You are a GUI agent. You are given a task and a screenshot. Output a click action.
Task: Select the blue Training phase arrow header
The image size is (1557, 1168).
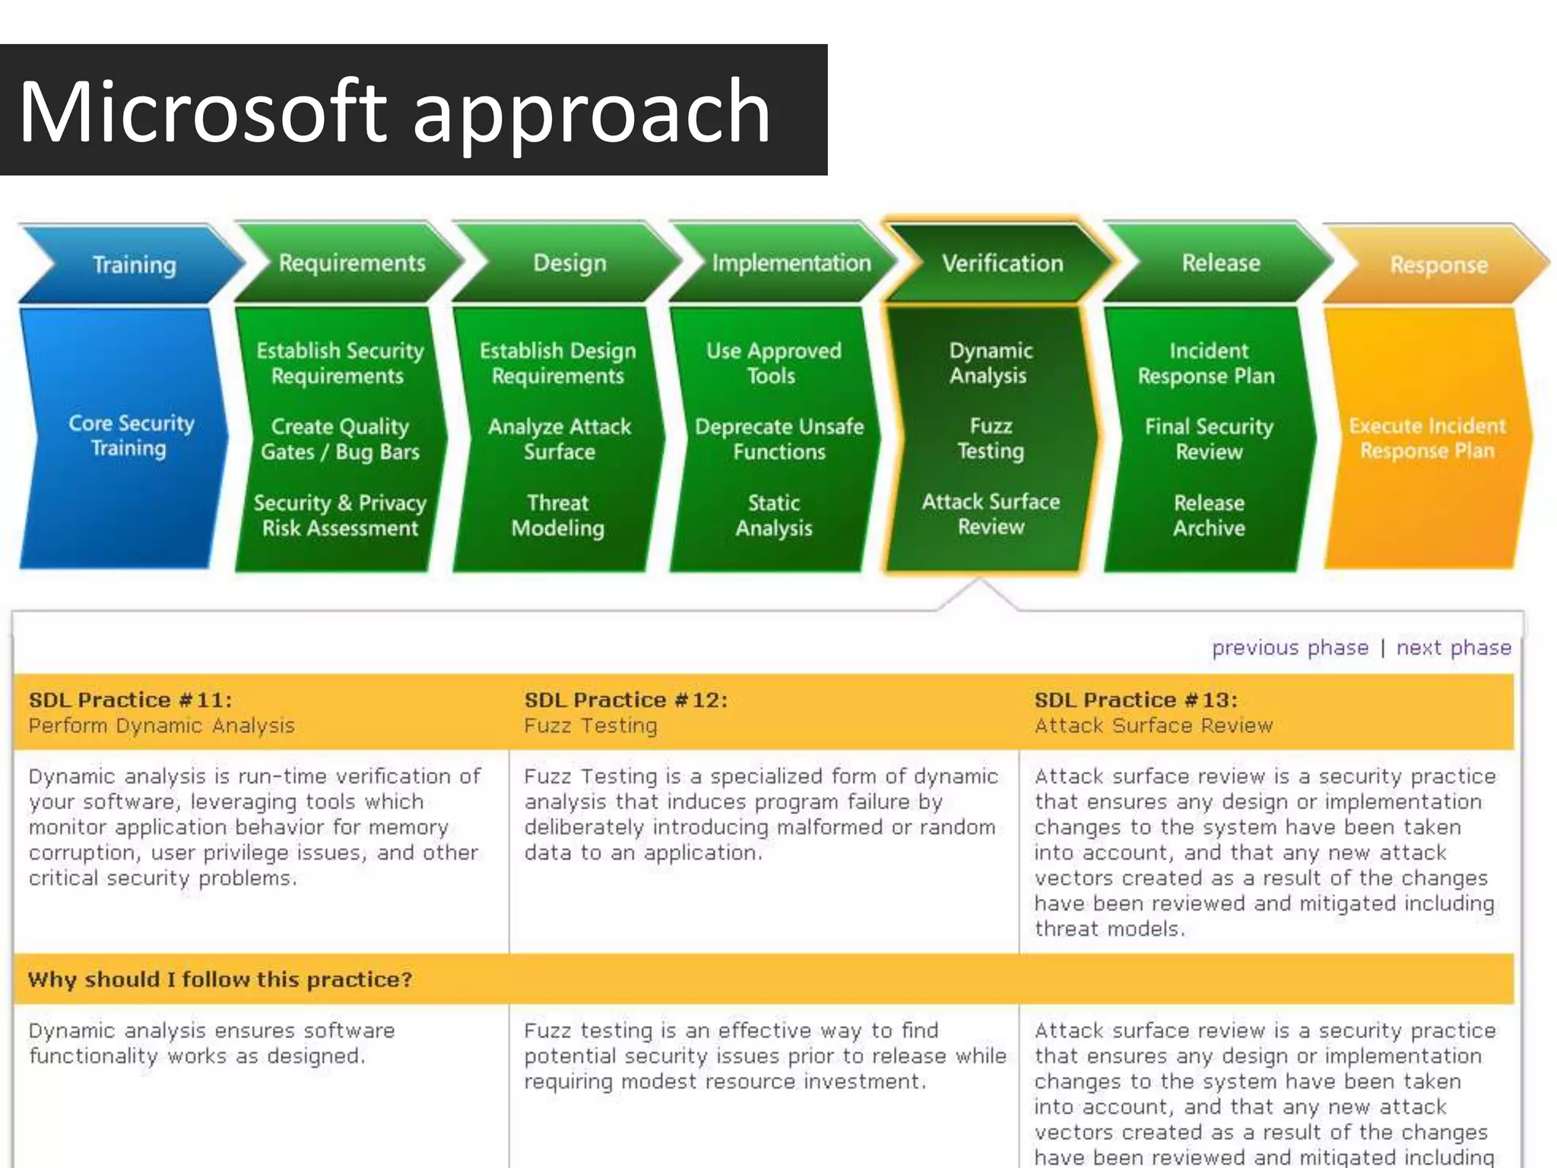[x=134, y=265]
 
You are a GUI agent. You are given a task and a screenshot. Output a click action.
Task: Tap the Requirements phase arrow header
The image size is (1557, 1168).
[x=351, y=263]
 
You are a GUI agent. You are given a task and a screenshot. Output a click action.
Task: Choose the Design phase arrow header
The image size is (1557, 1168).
[x=569, y=263]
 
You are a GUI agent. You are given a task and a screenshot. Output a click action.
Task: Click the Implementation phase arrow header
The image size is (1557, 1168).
[x=791, y=263]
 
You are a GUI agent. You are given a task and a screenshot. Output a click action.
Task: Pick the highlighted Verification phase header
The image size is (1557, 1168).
[x=1002, y=263]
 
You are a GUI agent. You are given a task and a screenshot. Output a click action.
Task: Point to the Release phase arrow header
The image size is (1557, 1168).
[x=1220, y=263]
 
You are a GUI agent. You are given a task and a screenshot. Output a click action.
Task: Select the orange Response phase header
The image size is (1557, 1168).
[x=1438, y=265]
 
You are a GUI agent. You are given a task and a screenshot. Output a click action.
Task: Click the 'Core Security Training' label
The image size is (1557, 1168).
[x=131, y=435]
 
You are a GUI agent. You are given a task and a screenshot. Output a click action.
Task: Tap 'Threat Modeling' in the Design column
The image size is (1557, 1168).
[x=557, y=515]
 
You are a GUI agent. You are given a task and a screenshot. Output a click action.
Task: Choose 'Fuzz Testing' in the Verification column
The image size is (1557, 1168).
[x=990, y=438]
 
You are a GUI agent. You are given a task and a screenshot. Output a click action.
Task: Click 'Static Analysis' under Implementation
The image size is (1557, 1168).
[x=773, y=515]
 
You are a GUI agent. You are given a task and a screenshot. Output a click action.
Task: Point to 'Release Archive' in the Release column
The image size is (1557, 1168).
[x=1209, y=515]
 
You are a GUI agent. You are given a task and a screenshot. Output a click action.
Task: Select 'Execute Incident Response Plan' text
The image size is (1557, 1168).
[x=1427, y=438]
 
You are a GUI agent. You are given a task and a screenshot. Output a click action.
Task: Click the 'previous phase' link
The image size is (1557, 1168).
[x=1289, y=647]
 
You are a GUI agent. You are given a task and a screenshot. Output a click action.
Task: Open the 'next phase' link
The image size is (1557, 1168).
[x=1453, y=647]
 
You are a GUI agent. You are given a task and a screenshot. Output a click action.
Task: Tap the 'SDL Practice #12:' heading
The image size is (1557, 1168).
[x=625, y=700]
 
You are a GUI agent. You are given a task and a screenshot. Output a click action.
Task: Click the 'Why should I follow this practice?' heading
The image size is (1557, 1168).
[x=220, y=979]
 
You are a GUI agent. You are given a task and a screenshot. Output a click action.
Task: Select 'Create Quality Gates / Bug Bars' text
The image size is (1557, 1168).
[x=340, y=439]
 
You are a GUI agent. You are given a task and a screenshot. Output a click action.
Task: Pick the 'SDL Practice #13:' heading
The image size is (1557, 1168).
[x=1135, y=700]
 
